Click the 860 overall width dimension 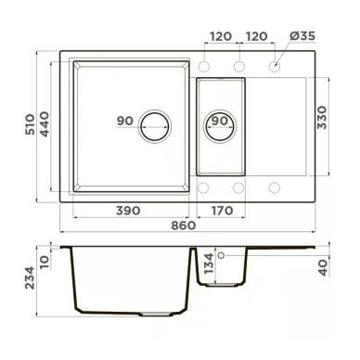(184, 225)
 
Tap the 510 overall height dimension (30, 124)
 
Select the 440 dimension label (45, 124)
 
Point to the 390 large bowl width (128, 211)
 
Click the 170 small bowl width (222, 211)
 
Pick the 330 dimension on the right (322, 118)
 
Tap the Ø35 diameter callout (302, 36)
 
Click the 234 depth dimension (30, 277)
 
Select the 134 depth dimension (210, 264)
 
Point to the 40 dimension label (323, 267)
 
